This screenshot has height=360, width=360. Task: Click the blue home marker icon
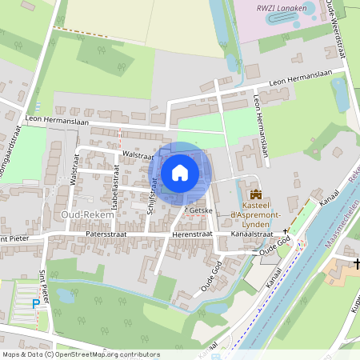click(x=180, y=172)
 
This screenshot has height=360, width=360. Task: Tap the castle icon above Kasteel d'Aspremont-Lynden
click(x=256, y=194)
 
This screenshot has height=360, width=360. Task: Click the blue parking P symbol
click(x=35, y=303)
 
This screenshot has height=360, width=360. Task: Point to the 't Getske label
click(x=196, y=209)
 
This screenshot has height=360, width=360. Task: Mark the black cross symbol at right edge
click(x=356, y=262)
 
